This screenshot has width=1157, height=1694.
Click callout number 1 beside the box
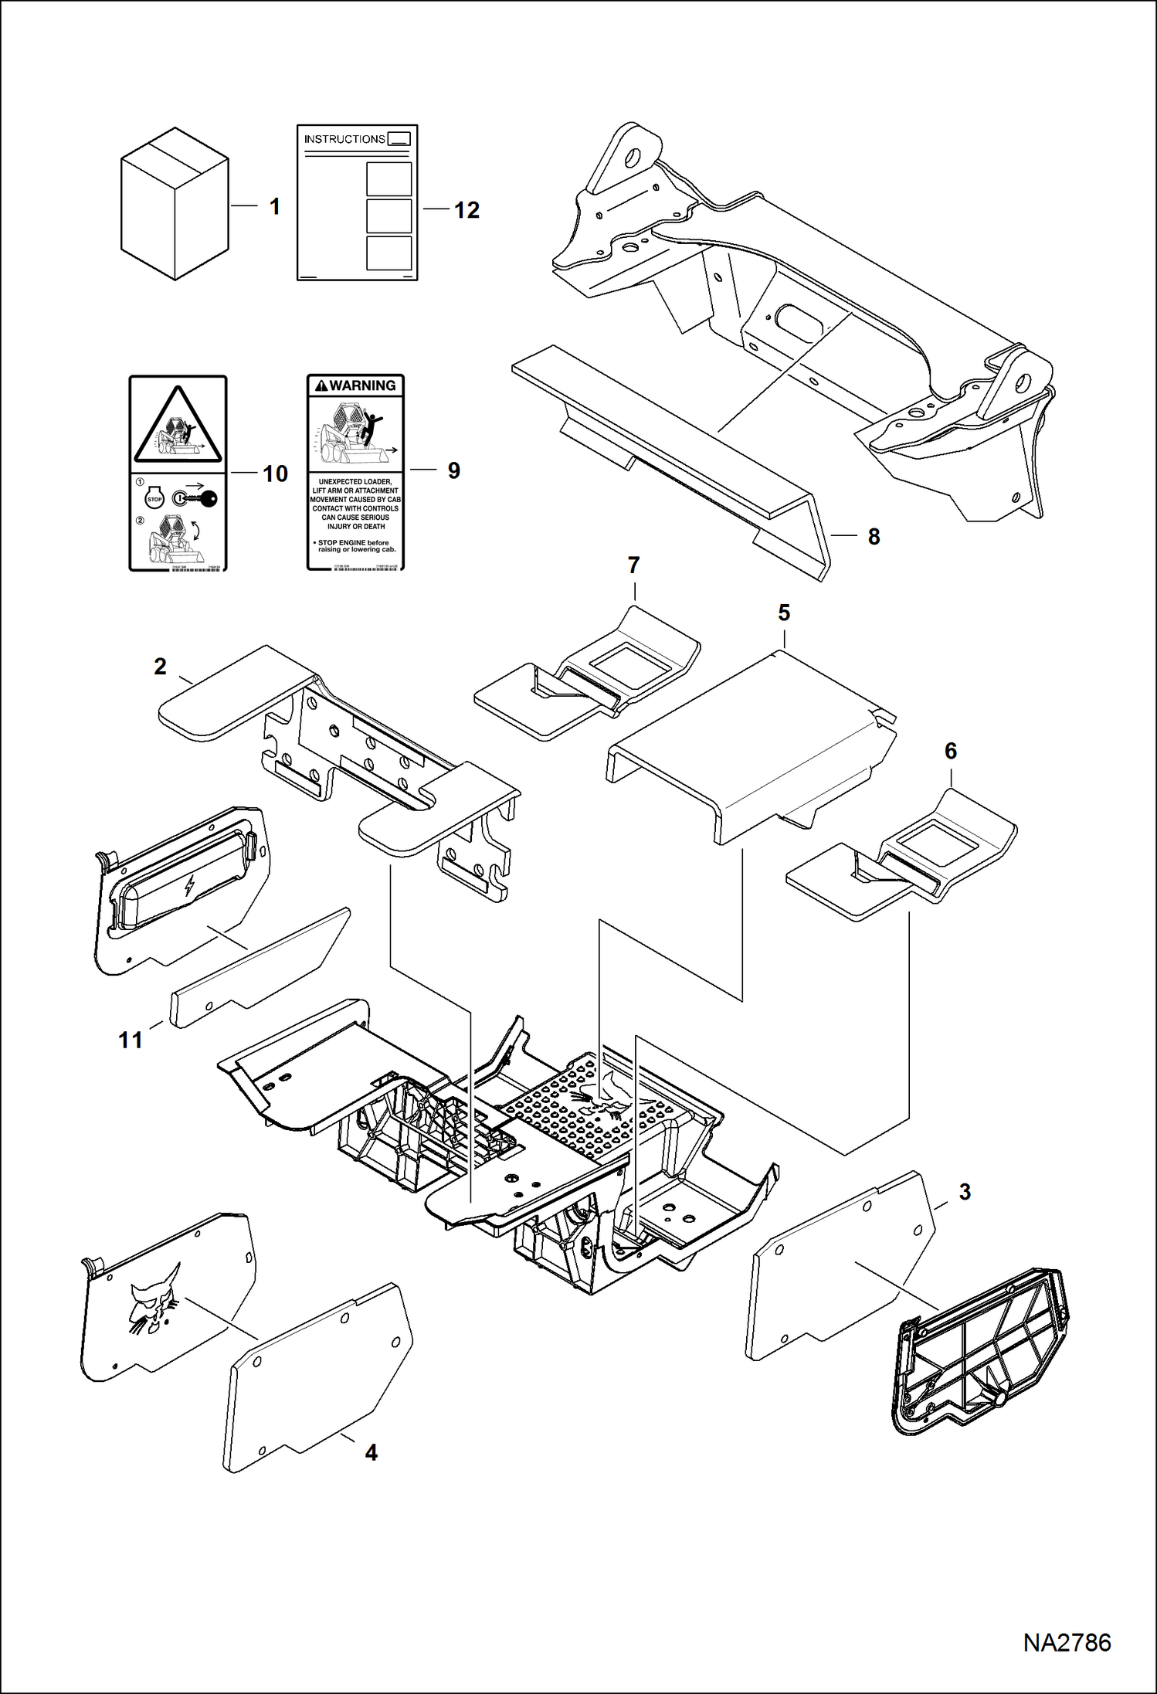pos(274,207)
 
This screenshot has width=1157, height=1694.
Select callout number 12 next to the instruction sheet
pos(467,210)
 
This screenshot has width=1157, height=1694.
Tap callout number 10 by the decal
pos(275,474)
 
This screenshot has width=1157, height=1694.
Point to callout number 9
pos(454,470)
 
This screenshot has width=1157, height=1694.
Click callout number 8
pos(874,537)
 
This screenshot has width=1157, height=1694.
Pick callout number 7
pos(634,565)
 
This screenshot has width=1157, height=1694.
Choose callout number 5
pos(784,613)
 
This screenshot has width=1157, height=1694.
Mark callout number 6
pos(951,751)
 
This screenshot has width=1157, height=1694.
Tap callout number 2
pos(160,667)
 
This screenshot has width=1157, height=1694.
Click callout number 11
pos(131,1040)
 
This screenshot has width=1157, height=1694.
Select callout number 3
pos(965,1192)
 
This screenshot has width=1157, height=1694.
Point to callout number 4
pos(371,1452)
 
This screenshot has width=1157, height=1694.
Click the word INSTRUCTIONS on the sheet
pos(344,139)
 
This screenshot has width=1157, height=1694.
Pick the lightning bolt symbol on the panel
pos(189,886)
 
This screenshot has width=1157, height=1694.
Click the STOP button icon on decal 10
pos(154,500)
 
